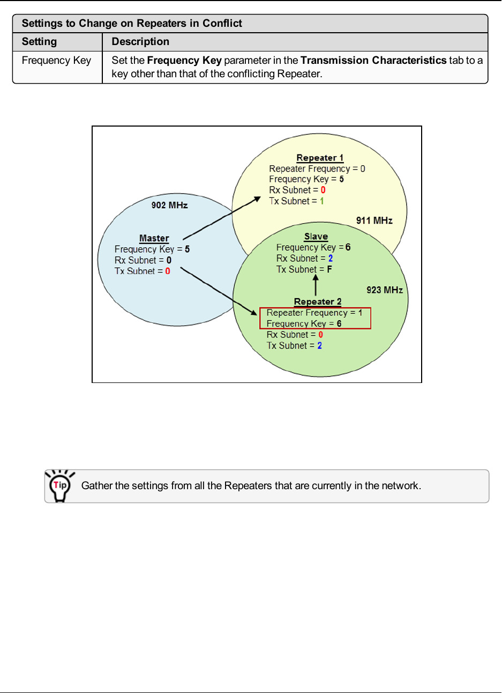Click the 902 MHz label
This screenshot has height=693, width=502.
[169, 205]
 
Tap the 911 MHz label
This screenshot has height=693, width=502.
[374, 220]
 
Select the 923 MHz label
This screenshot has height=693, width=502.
[384, 290]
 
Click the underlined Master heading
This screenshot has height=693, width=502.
[154, 238]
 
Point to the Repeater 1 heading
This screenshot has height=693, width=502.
[320, 158]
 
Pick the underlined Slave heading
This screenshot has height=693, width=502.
[316, 237]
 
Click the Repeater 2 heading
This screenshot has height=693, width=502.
[317, 301]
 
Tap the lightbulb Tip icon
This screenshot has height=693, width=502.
[60, 485]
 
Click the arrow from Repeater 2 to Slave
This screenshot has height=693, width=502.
[316, 285]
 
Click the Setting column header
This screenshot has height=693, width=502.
[39, 42]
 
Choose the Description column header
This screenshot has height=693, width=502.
[140, 42]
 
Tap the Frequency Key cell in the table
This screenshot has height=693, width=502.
[56, 61]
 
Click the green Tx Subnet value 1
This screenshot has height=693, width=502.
[322, 201]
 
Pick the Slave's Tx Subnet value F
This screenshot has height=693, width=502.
[329, 269]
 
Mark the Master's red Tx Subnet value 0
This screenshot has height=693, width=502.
[168, 271]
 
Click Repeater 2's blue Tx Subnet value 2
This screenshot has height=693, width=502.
[320, 345]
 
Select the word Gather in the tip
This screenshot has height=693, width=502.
[96, 486]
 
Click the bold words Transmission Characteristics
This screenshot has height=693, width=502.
[373, 61]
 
